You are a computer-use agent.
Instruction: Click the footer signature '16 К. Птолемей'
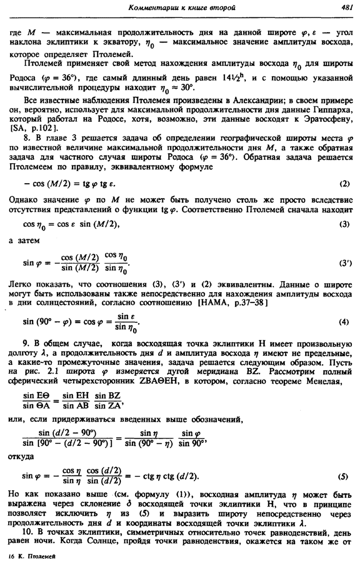30,556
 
